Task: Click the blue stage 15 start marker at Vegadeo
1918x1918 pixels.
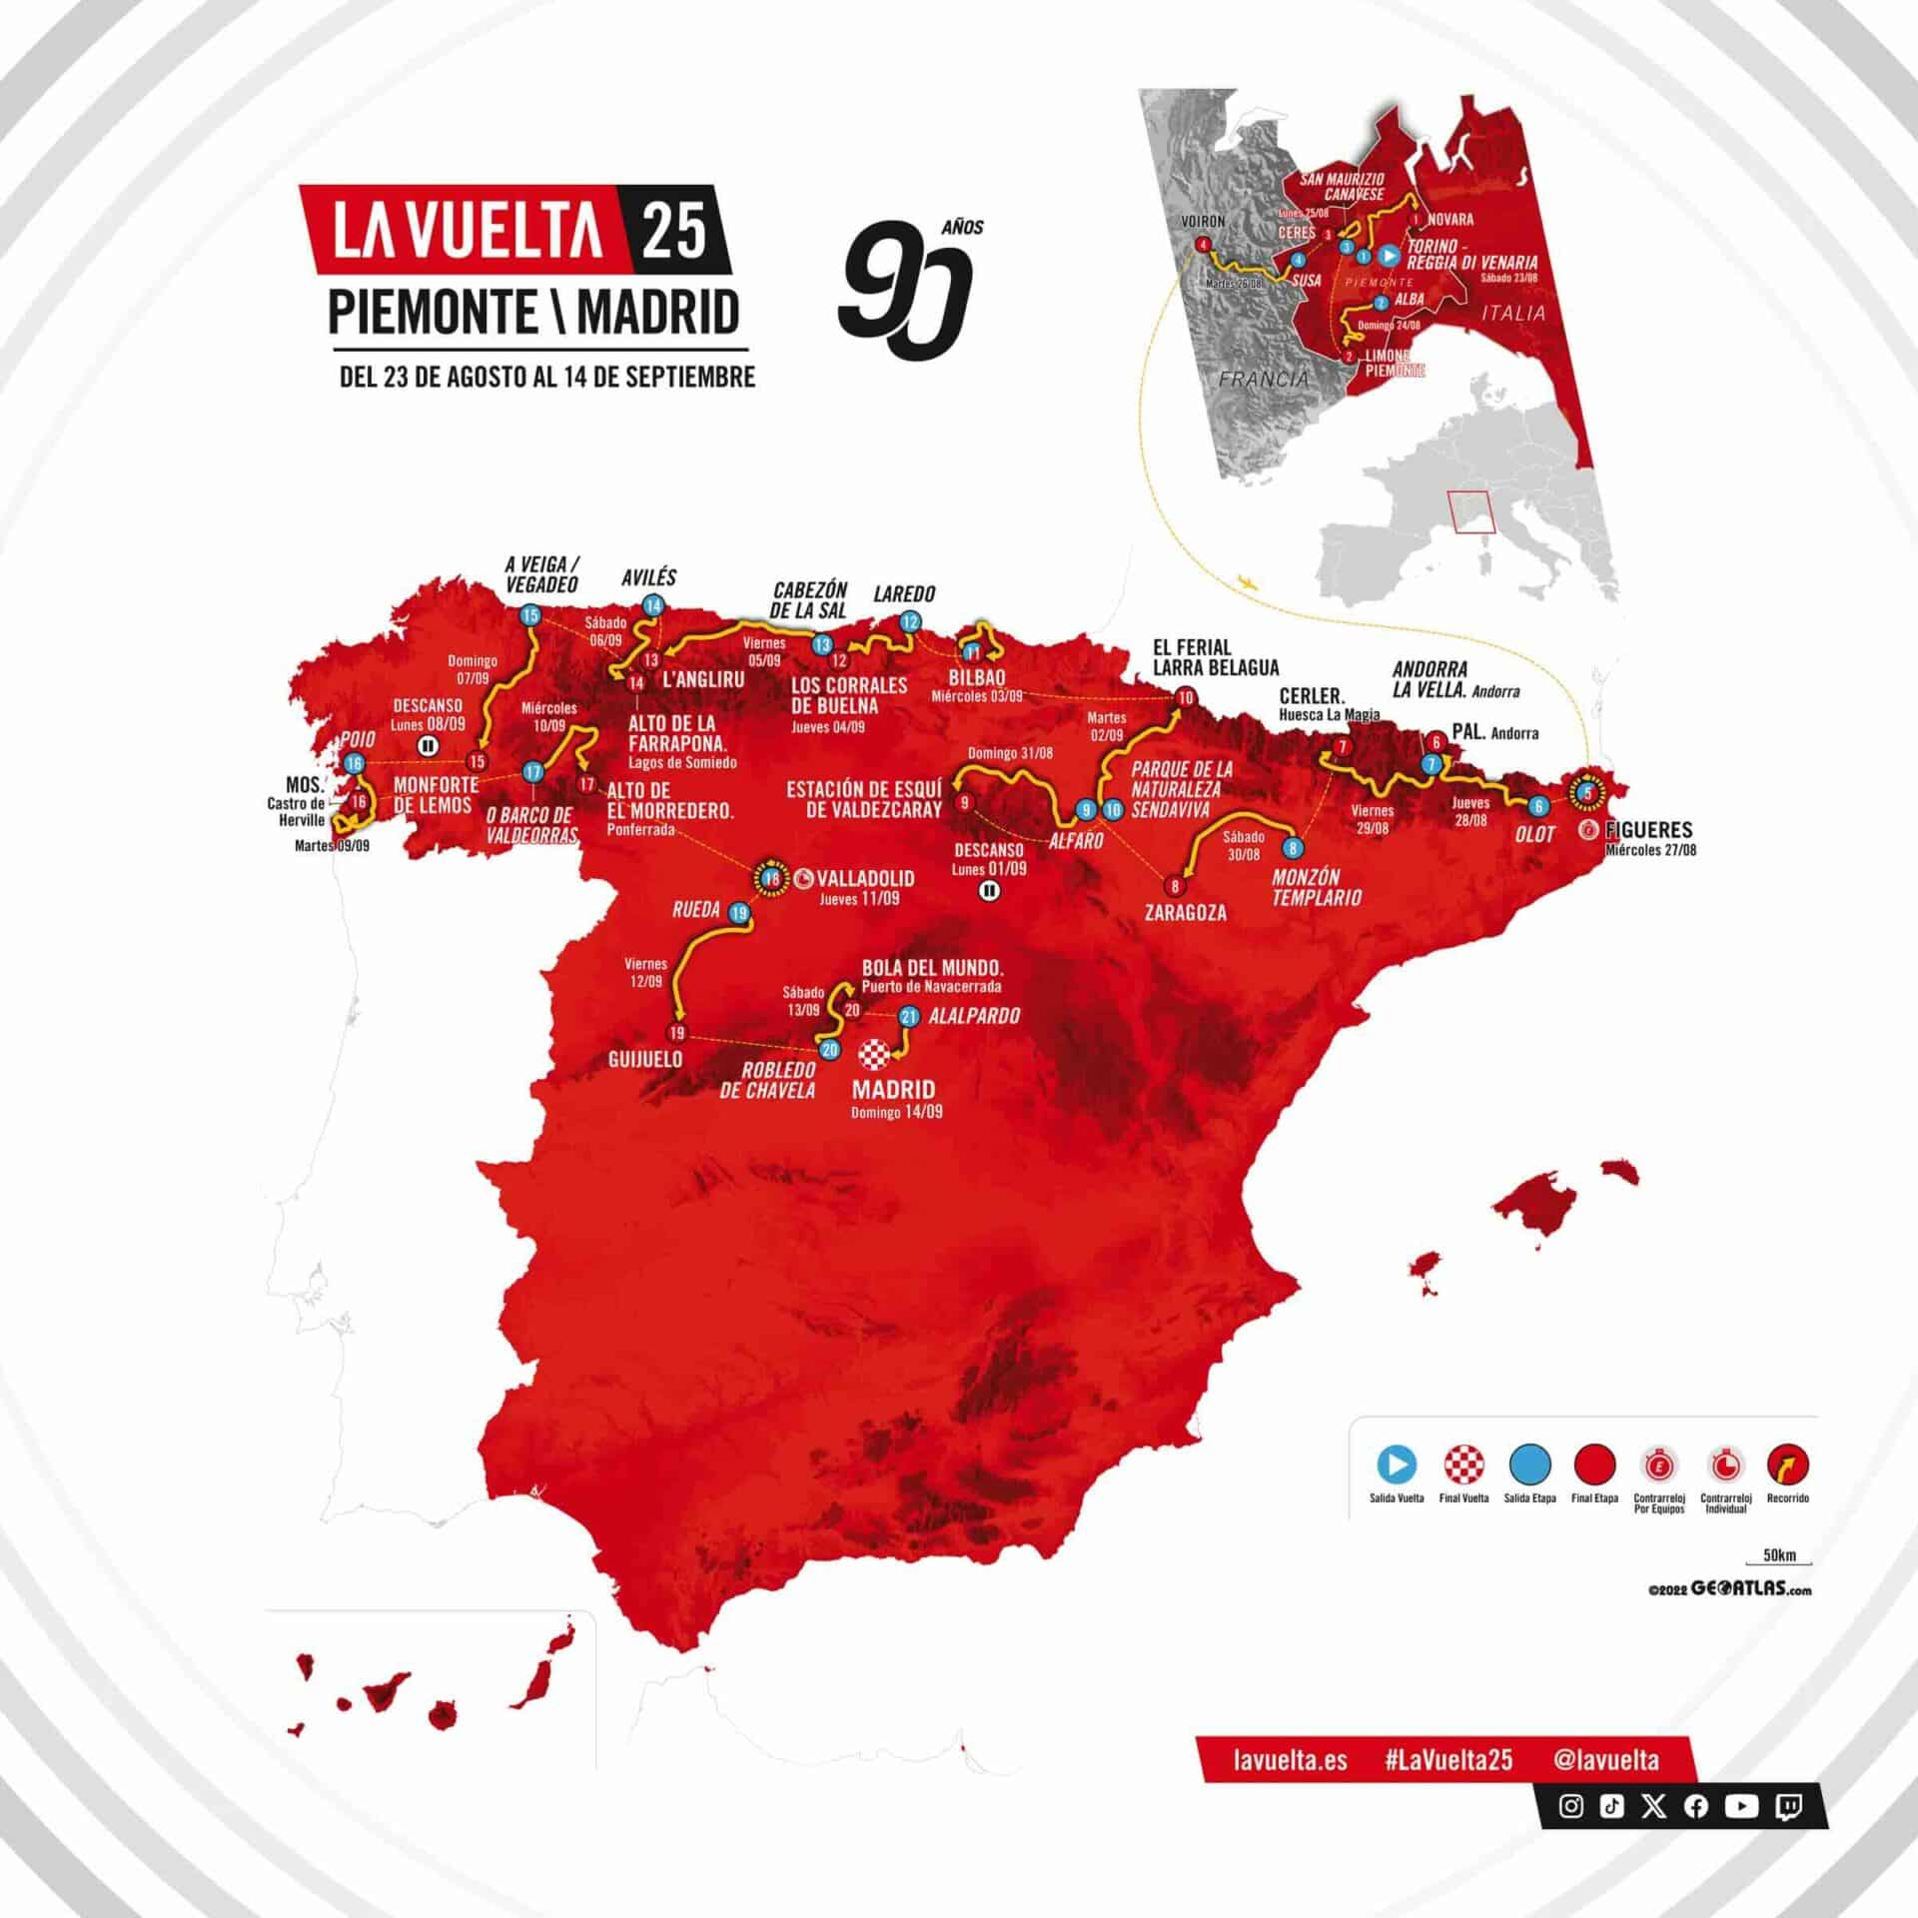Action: [529, 615]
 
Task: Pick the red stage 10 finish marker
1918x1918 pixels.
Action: [1186, 698]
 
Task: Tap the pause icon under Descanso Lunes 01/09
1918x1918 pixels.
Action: [989, 891]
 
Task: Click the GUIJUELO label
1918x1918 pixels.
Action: [645, 1059]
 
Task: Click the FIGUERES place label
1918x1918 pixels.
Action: [1648, 829]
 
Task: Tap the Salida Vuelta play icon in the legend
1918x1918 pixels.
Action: [1397, 1464]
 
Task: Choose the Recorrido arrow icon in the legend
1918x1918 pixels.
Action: [1787, 1464]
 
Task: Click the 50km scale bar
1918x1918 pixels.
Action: [1779, 1588]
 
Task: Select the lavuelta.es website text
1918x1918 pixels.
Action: [1290, 1788]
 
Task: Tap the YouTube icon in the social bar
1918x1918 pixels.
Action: [1741, 1834]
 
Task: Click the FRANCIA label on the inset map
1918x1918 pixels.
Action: [1263, 379]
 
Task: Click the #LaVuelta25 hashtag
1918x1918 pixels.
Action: [1448, 1788]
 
